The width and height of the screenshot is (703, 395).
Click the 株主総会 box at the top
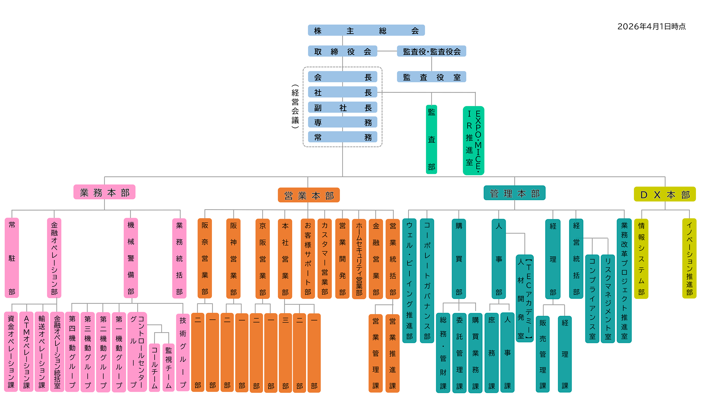coord(366,30)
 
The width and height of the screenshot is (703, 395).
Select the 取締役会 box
coord(342,51)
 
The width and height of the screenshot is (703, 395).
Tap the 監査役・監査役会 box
coord(431,51)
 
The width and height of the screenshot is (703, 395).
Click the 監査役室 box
coord(431,77)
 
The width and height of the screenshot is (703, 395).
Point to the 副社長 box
coord(342,108)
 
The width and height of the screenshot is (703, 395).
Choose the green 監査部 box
coord(431,139)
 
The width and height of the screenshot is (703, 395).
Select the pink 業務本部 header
coord(104,192)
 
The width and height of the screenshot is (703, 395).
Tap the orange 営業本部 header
coord(309,195)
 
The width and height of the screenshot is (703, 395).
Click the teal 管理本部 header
coord(514,193)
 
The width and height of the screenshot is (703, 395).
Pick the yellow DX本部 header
coord(665,194)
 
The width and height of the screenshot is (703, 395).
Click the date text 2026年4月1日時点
coord(651,26)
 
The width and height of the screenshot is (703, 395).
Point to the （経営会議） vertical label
coord(295,106)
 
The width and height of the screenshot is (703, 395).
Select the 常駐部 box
coord(12,258)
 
